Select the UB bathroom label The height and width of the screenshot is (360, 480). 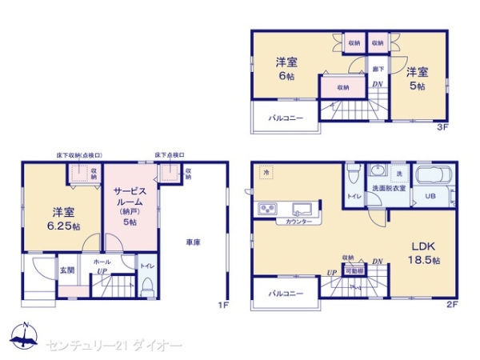point(430,196)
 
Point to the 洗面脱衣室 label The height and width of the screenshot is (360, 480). point(388,188)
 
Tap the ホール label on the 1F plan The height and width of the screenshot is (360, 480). point(102,262)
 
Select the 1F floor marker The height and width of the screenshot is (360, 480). point(224,304)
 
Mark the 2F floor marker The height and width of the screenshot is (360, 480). point(450,304)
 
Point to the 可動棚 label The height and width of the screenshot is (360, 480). point(353,271)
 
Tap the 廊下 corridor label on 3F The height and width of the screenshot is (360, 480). point(378,69)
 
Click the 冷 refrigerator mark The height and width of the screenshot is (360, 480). point(264,172)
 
